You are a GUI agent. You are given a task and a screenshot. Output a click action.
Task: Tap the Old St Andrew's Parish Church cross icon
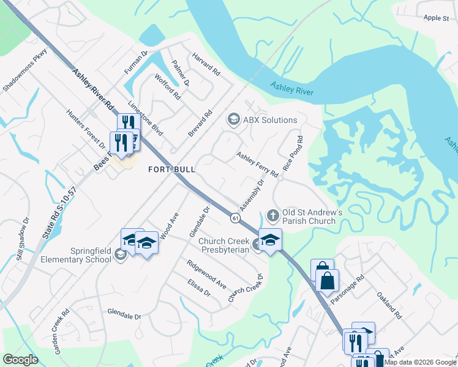point(272,215)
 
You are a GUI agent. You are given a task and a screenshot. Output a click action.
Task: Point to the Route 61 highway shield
point(235,217)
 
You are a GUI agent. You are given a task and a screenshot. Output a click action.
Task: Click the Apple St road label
point(436,18)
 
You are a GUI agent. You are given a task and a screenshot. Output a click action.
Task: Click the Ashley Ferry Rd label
point(257,165)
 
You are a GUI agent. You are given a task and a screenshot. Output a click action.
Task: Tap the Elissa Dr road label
point(199,287)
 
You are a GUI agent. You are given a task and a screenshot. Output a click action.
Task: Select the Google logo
point(20,360)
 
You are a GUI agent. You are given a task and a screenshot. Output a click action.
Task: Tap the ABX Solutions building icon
point(233,119)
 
